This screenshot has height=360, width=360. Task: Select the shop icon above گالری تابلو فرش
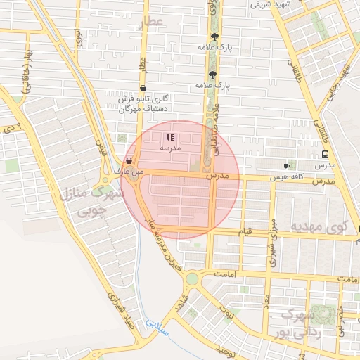click(143, 89)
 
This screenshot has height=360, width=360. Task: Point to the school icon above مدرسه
click(169, 137)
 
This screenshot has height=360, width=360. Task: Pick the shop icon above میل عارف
click(127, 160)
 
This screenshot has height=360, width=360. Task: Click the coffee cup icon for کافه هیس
click(285, 165)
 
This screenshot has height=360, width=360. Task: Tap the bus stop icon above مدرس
click(324, 154)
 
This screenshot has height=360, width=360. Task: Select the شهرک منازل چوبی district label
click(84, 200)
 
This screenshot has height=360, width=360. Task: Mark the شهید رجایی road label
click(344, 79)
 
